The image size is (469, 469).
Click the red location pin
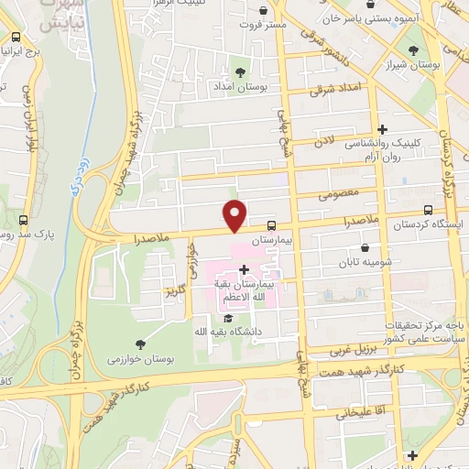click(x=235, y=214)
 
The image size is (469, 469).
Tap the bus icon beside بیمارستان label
click(x=271, y=225)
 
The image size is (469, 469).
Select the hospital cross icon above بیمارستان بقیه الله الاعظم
click(x=243, y=269)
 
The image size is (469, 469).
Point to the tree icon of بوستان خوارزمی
click(x=140, y=344)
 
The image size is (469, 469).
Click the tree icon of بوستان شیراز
click(x=414, y=51)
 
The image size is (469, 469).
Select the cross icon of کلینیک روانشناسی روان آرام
click(x=383, y=130)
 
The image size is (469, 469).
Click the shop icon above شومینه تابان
click(x=366, y=247)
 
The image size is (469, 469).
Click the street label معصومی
click(x=334, y=195)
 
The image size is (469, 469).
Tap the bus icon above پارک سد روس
click(x=23, y=220)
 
